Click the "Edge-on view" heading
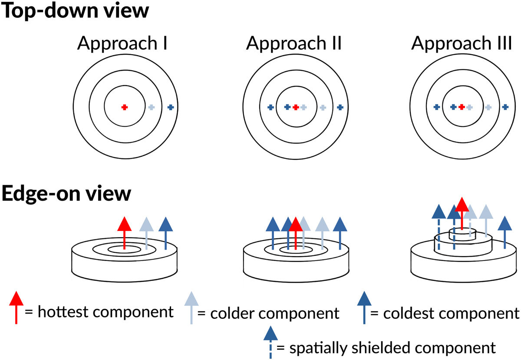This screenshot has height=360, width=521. coord(66,194)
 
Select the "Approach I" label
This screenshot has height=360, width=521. coord(123,43)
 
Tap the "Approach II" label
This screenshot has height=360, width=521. coord(294,43)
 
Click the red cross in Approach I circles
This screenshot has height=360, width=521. coord(124,107)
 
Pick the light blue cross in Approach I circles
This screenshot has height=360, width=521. coord(151,107)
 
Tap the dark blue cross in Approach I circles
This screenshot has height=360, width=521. coord(170,107)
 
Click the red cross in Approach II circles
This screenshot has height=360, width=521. coord(296,107)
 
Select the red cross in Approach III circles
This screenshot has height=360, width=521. coord(462,107)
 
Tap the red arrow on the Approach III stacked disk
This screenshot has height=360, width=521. coord(462,213)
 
